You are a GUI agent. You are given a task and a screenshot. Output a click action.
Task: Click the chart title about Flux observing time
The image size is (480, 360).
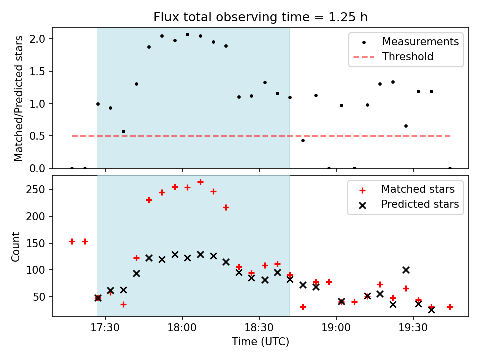point(260,17)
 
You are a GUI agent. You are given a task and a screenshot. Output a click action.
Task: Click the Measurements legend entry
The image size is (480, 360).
point(420,42)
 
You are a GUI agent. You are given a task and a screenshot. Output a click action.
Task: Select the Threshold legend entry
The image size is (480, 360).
point(408,57)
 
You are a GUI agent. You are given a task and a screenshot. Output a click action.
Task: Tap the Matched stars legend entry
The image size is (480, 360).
point(418,189)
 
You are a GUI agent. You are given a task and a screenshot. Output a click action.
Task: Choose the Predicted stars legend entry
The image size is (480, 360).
point(420,204)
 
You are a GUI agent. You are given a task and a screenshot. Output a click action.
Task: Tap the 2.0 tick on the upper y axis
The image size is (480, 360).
point(41,39)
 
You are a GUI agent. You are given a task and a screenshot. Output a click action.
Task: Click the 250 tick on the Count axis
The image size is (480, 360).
point(40,190)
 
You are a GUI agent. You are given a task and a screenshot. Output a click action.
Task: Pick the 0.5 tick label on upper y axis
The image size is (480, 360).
point(41,136)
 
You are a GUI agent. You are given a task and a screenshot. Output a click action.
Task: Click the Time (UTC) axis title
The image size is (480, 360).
point(260,342)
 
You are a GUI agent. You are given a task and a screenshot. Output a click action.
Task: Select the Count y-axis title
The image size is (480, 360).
point(16,246)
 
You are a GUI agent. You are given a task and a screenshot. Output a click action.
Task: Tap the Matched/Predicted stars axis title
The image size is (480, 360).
point(19,98)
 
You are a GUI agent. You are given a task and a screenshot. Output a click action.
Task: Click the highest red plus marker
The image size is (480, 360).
point(200,182)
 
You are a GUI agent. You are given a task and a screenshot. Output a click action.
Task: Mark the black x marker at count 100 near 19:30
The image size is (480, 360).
point(406,270)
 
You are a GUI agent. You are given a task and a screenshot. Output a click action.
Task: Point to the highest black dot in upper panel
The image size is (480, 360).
point(187,35)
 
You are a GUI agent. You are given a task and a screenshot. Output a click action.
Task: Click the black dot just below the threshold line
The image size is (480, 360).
point(303,140)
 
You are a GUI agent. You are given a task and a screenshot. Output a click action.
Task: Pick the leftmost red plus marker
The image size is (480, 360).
point(72,241)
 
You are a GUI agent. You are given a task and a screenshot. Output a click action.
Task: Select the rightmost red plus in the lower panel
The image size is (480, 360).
point(450,307)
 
